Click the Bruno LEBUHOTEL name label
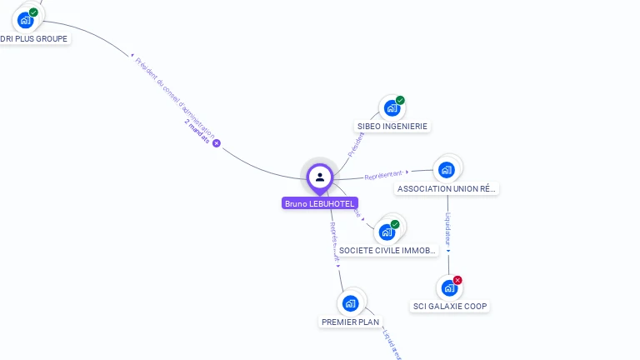[x=320, y=203]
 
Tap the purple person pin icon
[x=320, y=177]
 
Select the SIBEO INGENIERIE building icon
[x=391, y=107]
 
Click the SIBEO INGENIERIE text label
[x=392, y=127]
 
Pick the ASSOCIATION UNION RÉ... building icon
[x=447, y=170]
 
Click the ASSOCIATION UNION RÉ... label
[x=447, y=189]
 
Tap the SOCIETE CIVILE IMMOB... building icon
[x=387, y=231]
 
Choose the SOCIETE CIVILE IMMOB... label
[x=387, y=251]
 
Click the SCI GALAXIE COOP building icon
[x=449, y=287]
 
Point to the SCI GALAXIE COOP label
[x=450, y=307]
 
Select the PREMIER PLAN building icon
[x=351, y=302]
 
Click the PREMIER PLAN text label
[x=350, y=322]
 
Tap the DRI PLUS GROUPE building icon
[x=26, y=19]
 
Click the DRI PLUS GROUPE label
[x=34, y=38]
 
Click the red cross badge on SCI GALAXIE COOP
[x=457, y=280]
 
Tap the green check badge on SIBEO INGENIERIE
[x=400, y=100]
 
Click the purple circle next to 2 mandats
[x=217, y=143]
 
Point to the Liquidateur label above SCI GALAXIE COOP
[x=448, y=228]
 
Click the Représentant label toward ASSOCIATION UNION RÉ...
[x=384, y=175]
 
